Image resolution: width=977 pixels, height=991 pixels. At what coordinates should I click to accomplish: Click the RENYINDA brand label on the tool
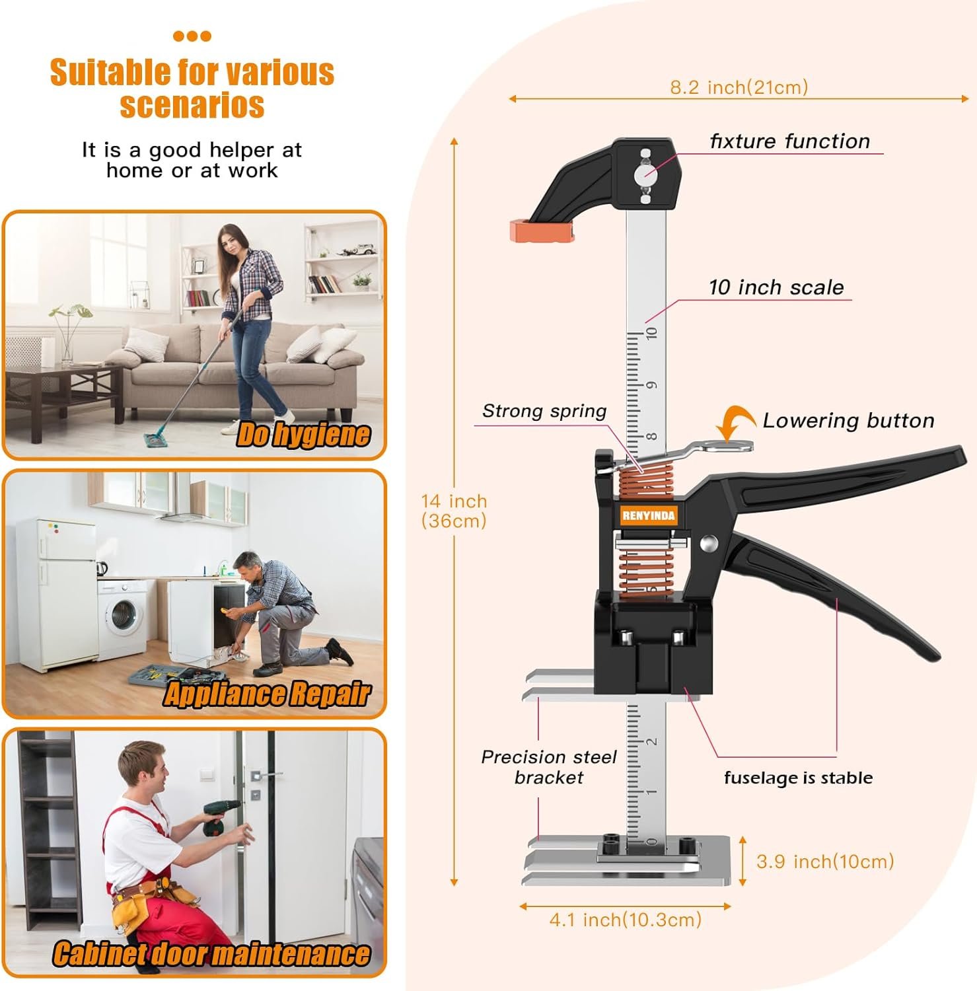[x=649, y=516]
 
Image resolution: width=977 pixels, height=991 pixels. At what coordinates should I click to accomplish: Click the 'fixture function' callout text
[x=789, y=141]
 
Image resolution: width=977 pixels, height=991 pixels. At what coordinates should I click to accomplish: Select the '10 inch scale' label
[x=776, y=287]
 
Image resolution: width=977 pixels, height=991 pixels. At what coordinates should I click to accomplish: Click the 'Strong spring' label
[x=544, y=411]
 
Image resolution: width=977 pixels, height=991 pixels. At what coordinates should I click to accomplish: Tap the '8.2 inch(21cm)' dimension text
[x=739, y=87]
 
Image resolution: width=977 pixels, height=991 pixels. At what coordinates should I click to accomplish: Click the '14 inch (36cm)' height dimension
[x=454, y=511]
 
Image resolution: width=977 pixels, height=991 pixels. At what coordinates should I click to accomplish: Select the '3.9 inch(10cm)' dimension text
[x=825, y=862]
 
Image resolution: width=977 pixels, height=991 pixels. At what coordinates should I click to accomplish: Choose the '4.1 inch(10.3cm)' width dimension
[x=625, y=920]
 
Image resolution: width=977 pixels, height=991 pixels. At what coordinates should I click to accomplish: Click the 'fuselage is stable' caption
[x=798, y=778]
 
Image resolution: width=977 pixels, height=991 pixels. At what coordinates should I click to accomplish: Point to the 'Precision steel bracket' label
[x=549, y=767]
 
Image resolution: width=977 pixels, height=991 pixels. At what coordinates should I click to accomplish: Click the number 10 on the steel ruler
[x=652, y=333]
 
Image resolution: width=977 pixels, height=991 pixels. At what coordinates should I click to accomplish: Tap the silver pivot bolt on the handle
[x=709, y=544]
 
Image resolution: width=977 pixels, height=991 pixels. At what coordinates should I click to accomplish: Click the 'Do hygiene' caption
[x=303, y=435]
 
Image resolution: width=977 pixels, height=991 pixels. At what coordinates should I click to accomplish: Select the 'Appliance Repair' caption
[x=266, y=694]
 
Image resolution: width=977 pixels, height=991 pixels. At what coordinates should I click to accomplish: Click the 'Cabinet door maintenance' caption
[x=211, y=954]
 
